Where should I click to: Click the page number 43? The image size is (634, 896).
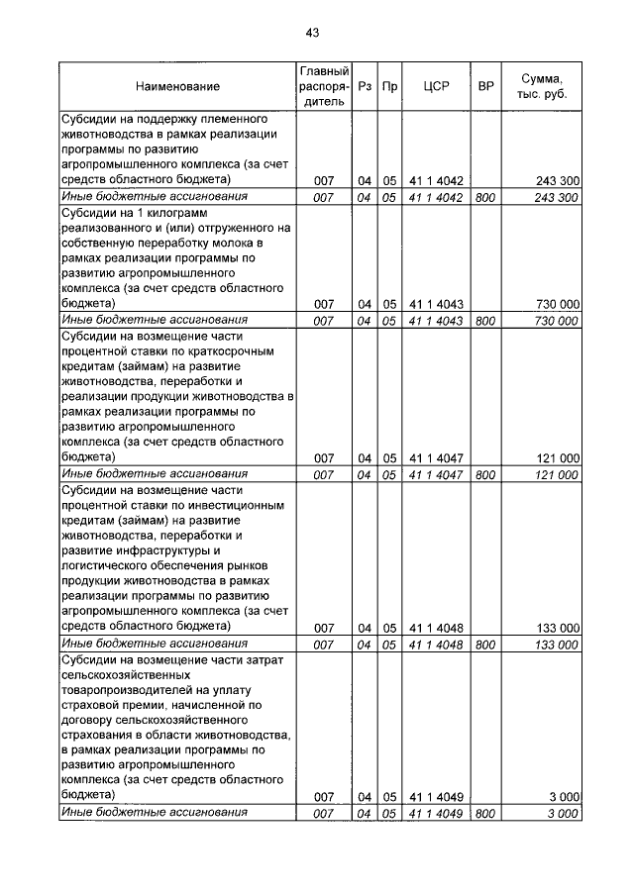[312, 33]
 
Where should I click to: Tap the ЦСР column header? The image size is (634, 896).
[436, 87]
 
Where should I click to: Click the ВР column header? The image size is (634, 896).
[485, 87]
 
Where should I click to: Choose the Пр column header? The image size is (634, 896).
[390, 87]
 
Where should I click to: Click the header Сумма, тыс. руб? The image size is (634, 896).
[542, 87]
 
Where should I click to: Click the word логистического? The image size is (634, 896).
[110, 566]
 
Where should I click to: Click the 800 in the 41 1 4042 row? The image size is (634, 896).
[485, 198]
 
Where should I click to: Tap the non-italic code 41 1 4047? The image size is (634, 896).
[436, 458]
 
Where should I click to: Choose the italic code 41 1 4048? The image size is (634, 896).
[436, 645]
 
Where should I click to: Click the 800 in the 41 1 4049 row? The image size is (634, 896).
[485, 813]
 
